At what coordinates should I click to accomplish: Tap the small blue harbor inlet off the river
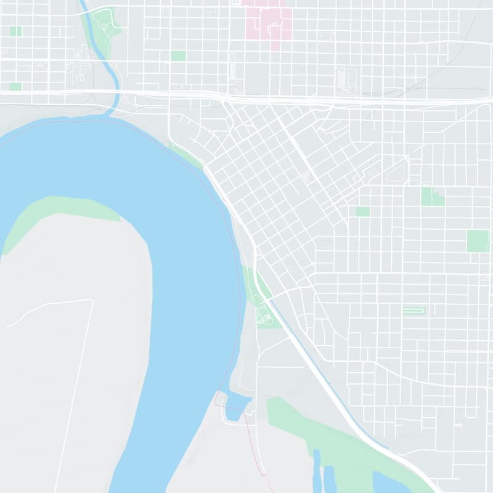(237, 406)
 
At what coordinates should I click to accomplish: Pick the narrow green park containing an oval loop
(414, 311)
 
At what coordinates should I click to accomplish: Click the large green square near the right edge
(478, 241)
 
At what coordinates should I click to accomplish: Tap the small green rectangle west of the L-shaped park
(363, 211)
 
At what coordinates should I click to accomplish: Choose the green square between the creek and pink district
(178, 55)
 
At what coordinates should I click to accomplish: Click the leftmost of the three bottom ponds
(317, 471)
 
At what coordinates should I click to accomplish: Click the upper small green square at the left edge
(15, 31)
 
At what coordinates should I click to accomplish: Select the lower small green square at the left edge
(15, 86)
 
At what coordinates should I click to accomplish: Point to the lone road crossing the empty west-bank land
(74, 394)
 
